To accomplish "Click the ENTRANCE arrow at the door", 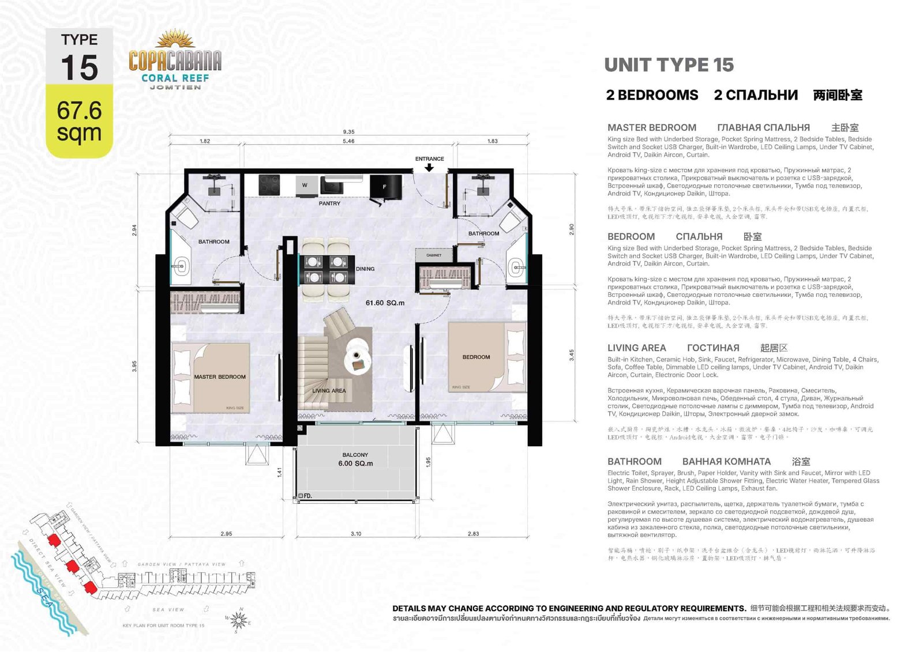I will (429, 168).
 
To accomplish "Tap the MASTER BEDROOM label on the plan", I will (220, 377).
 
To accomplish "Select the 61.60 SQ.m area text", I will (385, 303).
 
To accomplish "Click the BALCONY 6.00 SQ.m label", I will (355, 459).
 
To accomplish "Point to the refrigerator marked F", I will (385, 187).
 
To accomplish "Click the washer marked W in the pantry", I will (305, 185).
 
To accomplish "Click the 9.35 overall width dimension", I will (348, 132).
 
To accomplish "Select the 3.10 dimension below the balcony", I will (356, 534).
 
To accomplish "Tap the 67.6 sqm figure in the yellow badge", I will (79, 121).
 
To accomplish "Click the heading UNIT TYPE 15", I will (669, 65).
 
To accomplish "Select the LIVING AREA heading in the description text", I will (636, 348).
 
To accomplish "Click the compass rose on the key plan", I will (239, 620).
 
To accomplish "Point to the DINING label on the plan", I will (365, 269).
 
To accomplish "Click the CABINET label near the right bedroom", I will (434, 255).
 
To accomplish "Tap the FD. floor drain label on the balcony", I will (307, 496).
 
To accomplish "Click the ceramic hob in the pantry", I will (269, 184).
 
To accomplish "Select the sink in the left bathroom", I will (182, 266).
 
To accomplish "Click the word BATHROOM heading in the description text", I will (634, 461).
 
